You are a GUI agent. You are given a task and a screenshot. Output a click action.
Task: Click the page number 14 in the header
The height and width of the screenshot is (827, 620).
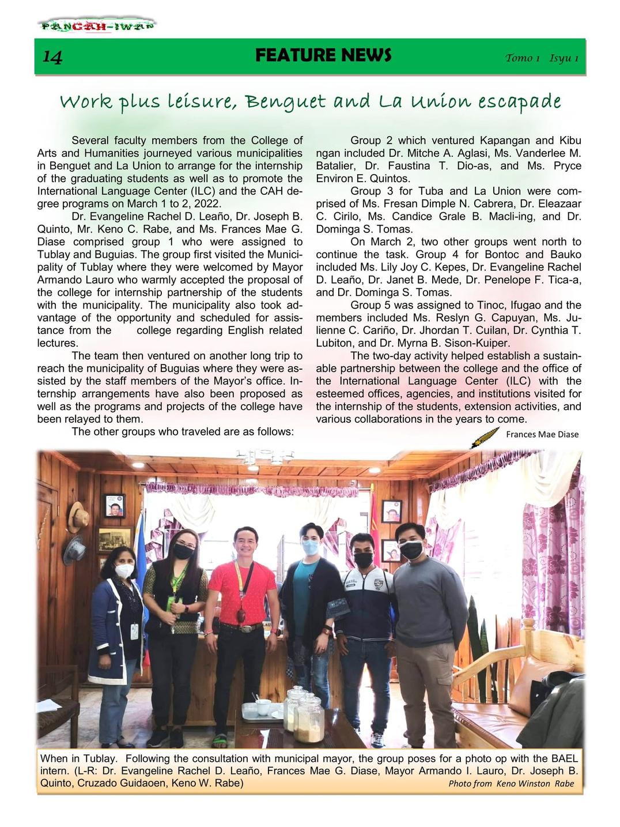point(52,57)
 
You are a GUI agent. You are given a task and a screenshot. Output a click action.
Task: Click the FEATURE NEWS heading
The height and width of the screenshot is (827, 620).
point(323,55)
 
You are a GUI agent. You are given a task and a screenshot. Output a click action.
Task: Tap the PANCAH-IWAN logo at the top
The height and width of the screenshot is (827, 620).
point(97,26)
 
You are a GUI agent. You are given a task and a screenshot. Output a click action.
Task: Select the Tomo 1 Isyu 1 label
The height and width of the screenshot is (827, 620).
point(542,58)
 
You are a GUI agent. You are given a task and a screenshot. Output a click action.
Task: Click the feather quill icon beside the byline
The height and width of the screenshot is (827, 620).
point(485,437)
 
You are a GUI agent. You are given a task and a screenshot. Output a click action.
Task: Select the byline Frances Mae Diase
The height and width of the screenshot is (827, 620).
point(542,434)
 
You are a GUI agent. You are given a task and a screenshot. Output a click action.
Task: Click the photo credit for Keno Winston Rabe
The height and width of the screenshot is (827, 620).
point(511,783)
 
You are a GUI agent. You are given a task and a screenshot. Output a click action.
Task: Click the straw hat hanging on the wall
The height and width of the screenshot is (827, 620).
point(77,517)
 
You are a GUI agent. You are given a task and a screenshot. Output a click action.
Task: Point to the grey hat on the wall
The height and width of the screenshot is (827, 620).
point(74,548)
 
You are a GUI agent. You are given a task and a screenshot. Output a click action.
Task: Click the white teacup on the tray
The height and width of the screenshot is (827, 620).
point(263,706)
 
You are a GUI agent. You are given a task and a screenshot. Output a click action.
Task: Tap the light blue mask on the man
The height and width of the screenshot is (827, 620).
point(311,547)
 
